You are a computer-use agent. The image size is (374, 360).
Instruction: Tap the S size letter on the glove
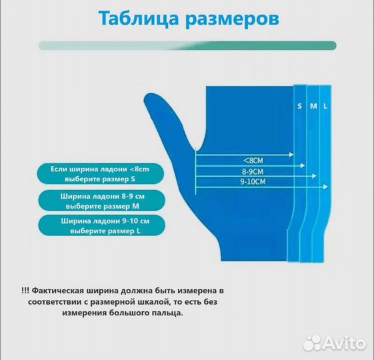(299, 106)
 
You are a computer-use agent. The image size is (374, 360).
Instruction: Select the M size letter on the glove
(313, 106)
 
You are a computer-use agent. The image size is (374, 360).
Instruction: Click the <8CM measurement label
(255, 160)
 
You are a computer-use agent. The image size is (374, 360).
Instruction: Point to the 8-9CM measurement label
(255, 171)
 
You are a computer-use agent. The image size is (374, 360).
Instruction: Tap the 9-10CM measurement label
(253, 181)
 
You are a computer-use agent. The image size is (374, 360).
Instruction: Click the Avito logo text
(345, 343)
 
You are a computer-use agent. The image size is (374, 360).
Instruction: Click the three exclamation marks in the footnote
(25, 290)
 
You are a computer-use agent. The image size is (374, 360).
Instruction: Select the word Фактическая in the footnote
(63, 290)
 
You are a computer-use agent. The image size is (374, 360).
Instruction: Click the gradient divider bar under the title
(187, 45)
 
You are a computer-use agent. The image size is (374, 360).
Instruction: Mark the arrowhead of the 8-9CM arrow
(304, 165)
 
